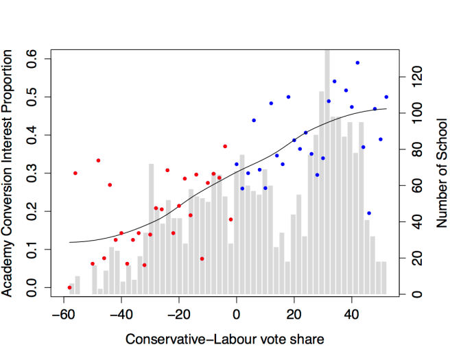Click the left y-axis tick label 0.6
32,59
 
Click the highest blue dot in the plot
357,62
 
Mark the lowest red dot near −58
69,287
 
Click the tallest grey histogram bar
327,171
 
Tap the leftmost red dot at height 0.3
75,173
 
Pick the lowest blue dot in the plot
369,213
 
